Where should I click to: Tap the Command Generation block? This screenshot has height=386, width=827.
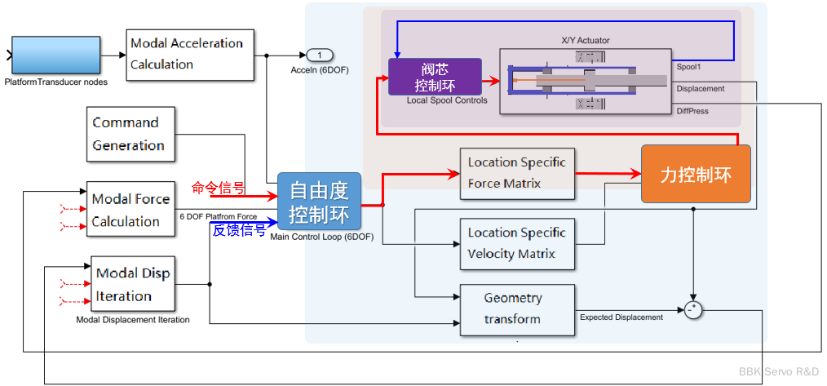pyautogui.click(x=126, y=134)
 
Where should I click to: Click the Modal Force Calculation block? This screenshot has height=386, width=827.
pyautogui.click(x=130, y=209)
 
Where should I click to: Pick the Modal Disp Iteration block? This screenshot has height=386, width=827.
pyautogui.click(x=133, y=284)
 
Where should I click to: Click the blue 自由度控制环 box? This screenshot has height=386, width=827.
pyautogui.click(x=319, y=202)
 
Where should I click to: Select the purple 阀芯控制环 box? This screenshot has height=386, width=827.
pyautogui.click(x=435, y=77)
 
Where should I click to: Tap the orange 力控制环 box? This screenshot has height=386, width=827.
pyautogui.click(x=695, y=174)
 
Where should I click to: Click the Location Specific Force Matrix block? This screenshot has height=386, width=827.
pyautogui.click(x=516, y=173)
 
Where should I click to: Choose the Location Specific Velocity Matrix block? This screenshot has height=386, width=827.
pyautogui.click(x=516, y=243)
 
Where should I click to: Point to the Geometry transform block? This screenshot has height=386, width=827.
pyautogui.click(x=516, y=309)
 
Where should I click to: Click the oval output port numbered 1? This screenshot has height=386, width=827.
pyautogui.click(x=320, y=55)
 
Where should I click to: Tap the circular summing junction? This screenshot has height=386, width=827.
pyautogui.click(x=693, y=309)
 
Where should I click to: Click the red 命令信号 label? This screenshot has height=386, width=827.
pyautogui.click(x=218, y=188)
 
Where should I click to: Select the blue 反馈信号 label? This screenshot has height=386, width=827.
pyautogui.click(x=239, y=230)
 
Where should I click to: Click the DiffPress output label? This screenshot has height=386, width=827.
pyautogui.click(x=692, y=111)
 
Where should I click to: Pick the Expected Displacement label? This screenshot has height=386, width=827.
pyautogui.click(x=621, y=317)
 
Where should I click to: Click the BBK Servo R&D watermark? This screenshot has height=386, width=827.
pyautogui.click(x=779, y=371)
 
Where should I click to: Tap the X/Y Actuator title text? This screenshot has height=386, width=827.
pyautogui.click(x=586, y=40)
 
